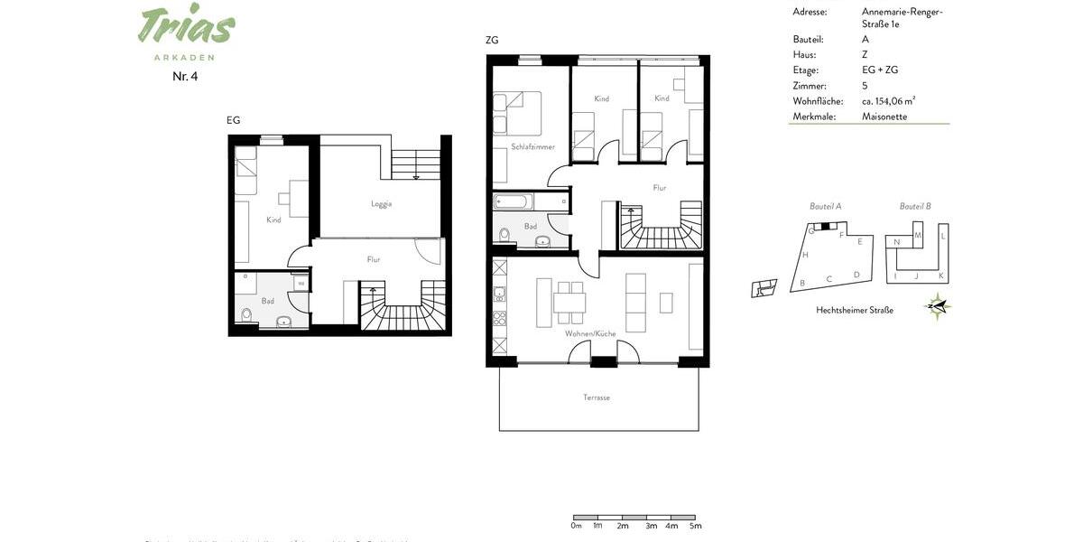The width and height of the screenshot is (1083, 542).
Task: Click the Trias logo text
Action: pyautogui.click(x=187, y=25)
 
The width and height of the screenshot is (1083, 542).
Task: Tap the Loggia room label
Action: pyautogui.click(x=381, y=203)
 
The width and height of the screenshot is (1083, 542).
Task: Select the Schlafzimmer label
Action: pyautogui.click(x=532, y=146)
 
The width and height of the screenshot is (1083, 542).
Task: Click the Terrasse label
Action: pyautogui.click(x=596, y=397)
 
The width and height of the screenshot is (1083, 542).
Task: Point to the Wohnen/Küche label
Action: pyautogui.click(x=590, y=333)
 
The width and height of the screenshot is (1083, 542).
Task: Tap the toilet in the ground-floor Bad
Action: pyautogui.click(x=246, y=315)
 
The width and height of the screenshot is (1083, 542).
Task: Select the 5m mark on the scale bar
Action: pyautogui.click(x=695, y=526)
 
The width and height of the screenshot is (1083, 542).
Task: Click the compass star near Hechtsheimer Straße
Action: pyautogui.click(x=938, y=307)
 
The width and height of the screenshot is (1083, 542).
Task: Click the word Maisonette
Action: pyautogui.click(x=884, y=117)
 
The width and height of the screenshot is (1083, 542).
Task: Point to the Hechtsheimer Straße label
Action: pyautogui.click(x=854, y=310)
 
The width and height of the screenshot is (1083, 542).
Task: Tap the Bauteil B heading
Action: pyautogui.click(x=914, y=206)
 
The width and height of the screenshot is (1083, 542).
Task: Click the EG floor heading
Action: pyautogui.click(x=233, y=120)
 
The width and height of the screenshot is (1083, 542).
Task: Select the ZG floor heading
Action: pyautogui.click(x=492, y=40)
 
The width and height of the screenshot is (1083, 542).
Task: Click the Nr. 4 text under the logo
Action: pyautogui.click(x=185, y=76)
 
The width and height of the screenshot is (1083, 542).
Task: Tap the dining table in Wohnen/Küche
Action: pyautogui.click(x=569, y=302)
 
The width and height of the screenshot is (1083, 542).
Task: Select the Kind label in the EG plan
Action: pyautogui.click(x=273, y=220)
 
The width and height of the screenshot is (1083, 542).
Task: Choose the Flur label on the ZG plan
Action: pyautogui.click(x=659, y=188)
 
